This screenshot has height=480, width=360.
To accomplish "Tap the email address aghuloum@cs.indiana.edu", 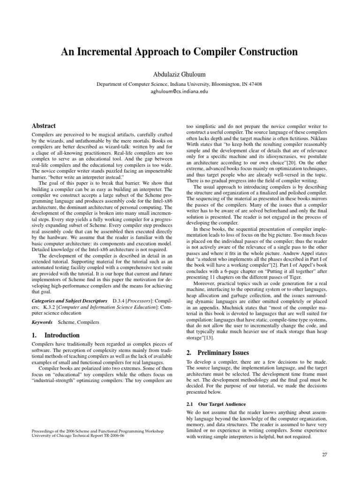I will pyautogui.click(x=179, y=91).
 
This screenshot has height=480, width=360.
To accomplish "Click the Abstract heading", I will pyautogui.click(x=43, y=126).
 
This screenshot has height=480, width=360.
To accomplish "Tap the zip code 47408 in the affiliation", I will pyautogui.click(x=254, y=84).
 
